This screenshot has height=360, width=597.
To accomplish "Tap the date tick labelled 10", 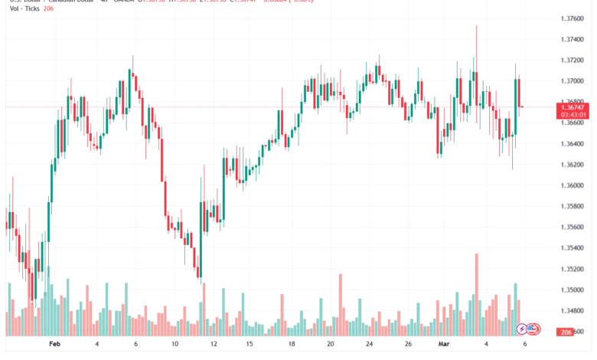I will (x=175, y=345).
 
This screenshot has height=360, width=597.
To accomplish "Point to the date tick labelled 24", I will (x=370, y=345).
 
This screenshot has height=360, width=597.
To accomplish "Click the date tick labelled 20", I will (x=331, y=345).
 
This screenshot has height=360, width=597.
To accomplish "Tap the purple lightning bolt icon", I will (x=523, y=329).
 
